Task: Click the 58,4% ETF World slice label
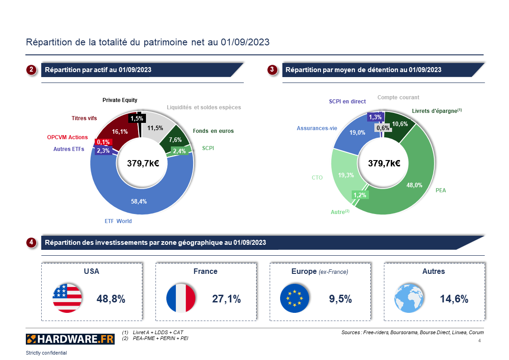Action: click(x=139, y=201)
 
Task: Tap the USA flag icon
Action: click(x=67, y=298)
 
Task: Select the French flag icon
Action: click(x=181, y=298)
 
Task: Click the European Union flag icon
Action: click(x=295, y=298)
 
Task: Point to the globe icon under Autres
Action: click(x=409, y=298)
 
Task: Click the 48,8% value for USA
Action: click(x=111, y=299)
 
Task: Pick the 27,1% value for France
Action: click(x=226, y=299)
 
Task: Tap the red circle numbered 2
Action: click(x=31, y=70)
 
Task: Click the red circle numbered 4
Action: click(x=31, y=243)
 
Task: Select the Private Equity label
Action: click(x=120, y=100)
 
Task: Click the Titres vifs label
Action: click(x=84, y=118)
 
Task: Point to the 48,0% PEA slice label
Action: click(x=414, y=185)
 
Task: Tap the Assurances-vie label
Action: click(x=317, y=128)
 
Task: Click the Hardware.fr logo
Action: click(x=70, y=339)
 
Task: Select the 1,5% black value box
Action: click(x=136, y=119)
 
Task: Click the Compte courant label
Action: click(x=398, y=97)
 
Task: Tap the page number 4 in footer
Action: click(x=480, y=341)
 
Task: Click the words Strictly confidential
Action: click(x=46, y=353)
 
